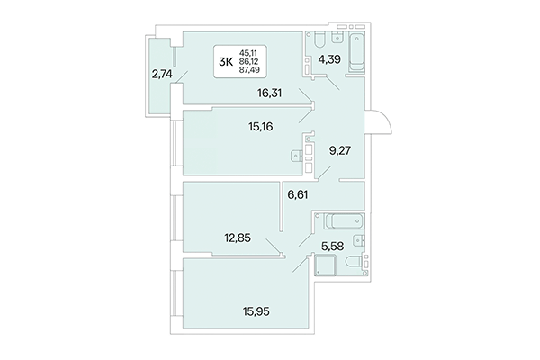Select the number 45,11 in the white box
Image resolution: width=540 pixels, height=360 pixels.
[x=248, y=53]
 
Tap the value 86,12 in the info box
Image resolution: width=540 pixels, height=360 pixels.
[x=248, y=62]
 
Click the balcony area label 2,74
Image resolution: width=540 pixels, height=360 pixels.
[x=161, y=75]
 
